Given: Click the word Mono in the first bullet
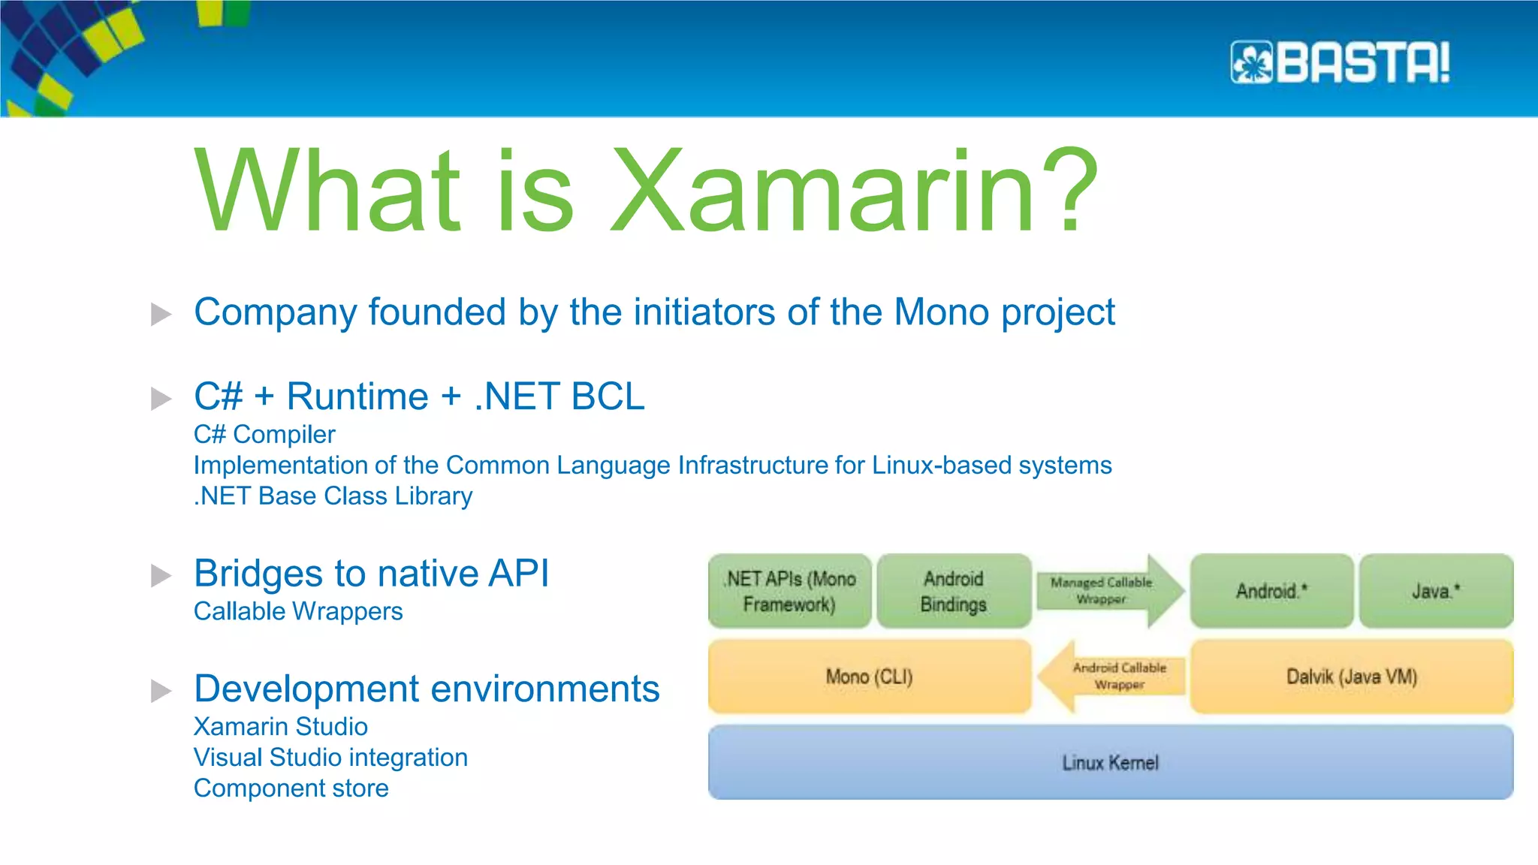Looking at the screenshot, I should pos(942,312).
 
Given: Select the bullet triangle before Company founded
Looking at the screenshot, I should pos(161,314).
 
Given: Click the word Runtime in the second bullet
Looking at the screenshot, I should pos(357,396).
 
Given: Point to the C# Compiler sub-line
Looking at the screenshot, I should pos(264,435).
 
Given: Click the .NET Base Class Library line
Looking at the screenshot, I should pos(333,496).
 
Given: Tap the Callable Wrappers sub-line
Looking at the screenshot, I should pos(298,612).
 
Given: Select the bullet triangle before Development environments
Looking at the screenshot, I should pos(161,691).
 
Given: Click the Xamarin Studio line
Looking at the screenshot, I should pos(280,727).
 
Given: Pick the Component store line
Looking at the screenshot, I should pos(291,788).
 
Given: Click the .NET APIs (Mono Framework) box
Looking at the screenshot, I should pos(789,591).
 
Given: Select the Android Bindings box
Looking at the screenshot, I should pos(953,591).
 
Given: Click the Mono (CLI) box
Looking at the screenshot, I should pos(869,677).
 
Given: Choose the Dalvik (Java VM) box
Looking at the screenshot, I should pos(1351,677).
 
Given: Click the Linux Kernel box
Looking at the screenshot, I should pos(1110,762).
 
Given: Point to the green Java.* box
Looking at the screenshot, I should pos(1435,591).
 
